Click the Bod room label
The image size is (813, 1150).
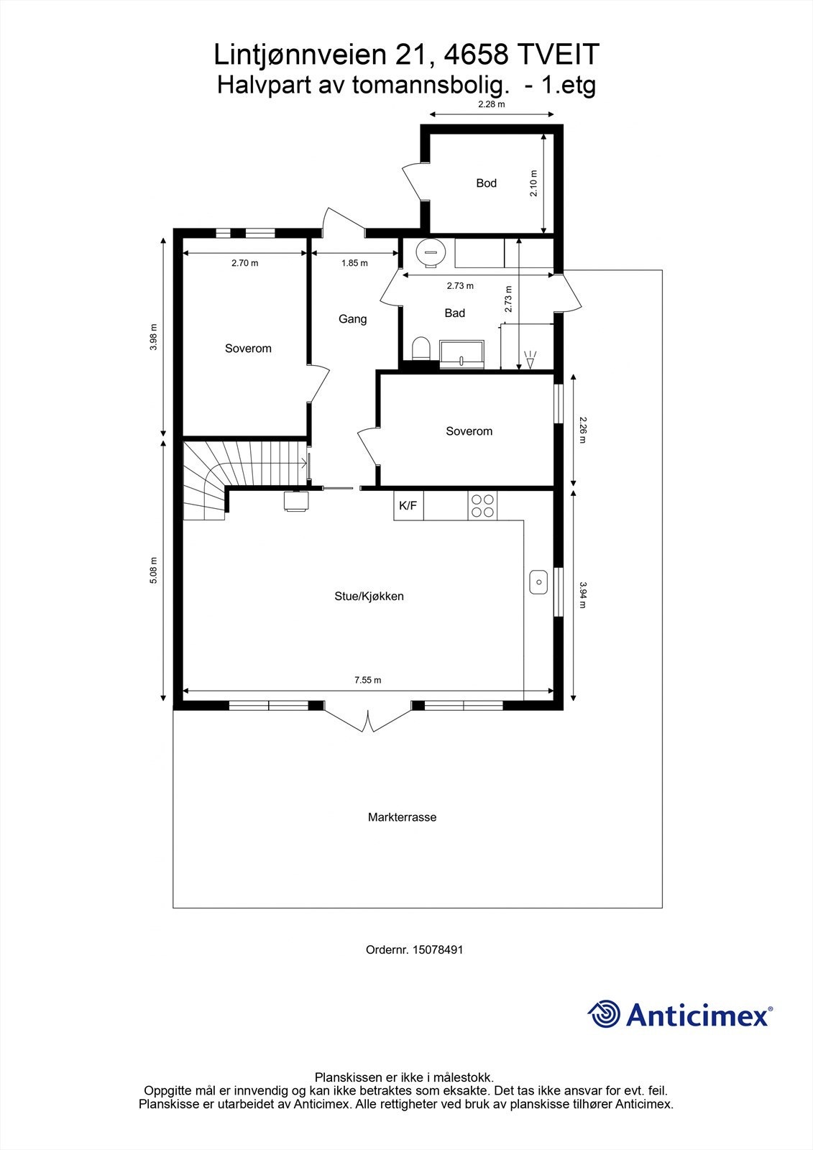pos(486,183)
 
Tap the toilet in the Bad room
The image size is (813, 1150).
pos(421,348)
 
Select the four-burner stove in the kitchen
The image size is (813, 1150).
pos(482,505)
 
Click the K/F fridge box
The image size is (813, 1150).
pos(408,506)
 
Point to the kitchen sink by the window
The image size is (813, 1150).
pos(538,581)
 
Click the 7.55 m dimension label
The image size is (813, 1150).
pos(367,680)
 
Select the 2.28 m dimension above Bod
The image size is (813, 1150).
pos(492,104)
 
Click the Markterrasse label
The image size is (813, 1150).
pos(402,817)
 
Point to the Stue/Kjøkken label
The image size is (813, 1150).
pos(369,596)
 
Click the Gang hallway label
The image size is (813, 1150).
pos(352,318)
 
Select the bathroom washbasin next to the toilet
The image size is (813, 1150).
pos(462,354)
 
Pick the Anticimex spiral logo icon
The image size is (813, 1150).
pos(604,1014)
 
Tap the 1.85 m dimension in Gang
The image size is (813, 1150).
pos(354,263)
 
